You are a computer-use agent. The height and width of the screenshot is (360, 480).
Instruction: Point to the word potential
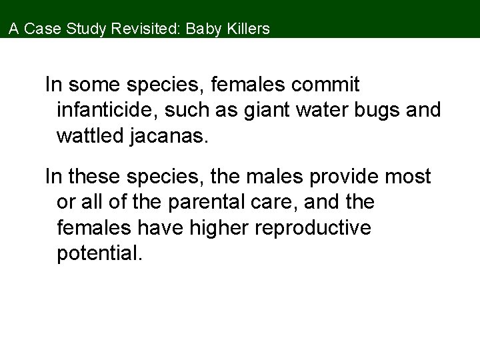(x=99, y=253)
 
